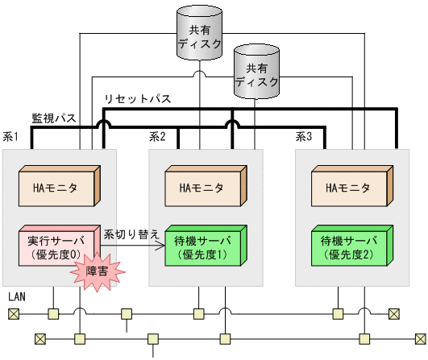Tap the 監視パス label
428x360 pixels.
(54, 118)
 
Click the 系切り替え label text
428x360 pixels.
(131, 233)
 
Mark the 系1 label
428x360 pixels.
(11, 138)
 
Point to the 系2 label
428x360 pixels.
(157, 138)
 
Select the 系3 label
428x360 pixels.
(304, 138)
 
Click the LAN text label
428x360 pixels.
(17, 297)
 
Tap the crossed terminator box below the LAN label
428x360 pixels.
(13, 313)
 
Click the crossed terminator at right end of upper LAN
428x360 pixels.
(393, 313)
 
